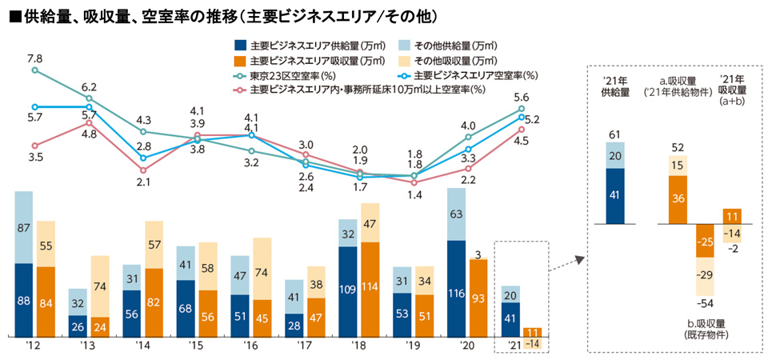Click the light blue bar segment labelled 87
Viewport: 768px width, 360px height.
tap(24, 227)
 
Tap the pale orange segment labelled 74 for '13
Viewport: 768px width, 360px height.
tap(100, 286)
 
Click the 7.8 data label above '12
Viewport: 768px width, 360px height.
tap(34, 58)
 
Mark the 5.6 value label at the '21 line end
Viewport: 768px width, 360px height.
tap(522, 96)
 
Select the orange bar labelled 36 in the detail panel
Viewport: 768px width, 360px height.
tap(679, 200)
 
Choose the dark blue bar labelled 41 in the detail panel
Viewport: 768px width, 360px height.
tap(615, 196)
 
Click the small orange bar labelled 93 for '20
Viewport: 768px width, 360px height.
tap(478, 297)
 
